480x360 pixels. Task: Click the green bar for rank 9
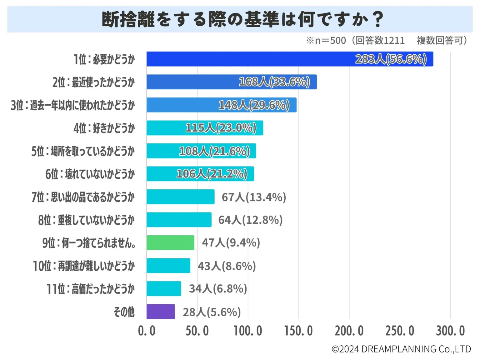point(170,242)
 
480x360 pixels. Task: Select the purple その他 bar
point(161,312)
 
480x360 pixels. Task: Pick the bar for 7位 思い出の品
point(180,197)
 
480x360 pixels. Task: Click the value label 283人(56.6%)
point(391,59)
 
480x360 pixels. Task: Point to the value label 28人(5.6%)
point(212,312)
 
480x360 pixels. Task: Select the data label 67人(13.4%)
point(254,197)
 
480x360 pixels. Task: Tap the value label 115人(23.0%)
point(221,128)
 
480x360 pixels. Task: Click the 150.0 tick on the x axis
point(298,331)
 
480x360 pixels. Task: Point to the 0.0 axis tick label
point(147,331)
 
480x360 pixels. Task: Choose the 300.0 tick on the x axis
point(450,331)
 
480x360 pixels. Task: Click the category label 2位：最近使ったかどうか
point(93,82)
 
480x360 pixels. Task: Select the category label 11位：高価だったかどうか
point(91,289)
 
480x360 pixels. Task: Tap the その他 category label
point(124,312)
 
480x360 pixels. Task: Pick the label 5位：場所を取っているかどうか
point(83,151)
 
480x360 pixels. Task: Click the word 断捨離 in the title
point(128,19)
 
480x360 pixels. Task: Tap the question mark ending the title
point(378,19)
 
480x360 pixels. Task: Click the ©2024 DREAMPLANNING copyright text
point(401,349)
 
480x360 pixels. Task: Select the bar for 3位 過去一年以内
point(221,105)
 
